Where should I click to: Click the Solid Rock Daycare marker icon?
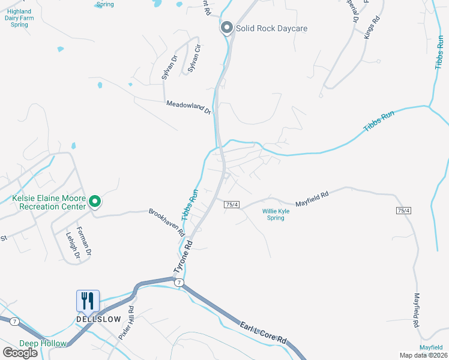coord(227,28)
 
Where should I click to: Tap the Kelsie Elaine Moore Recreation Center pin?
coord(94,202)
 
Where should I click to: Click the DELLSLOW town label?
coord(98,319)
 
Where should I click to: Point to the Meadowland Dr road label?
coord(188,107)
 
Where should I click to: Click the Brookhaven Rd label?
coord(166,222)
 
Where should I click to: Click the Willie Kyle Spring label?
coord(281,214)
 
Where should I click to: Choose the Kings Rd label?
coord(372,28)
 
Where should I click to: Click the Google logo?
coord(20,353)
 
